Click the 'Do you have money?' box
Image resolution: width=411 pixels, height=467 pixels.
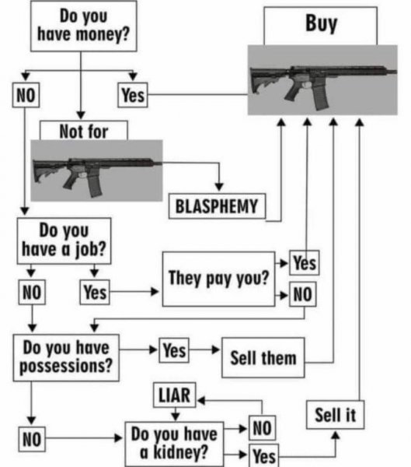84,26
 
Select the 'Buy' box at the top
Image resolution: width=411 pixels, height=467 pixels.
321,26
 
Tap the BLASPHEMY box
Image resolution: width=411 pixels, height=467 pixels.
217,206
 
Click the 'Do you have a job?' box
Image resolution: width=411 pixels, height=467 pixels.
64,241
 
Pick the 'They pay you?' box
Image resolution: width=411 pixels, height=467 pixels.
218,279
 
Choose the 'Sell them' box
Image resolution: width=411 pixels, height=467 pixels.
263,357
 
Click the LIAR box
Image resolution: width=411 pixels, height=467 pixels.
175,395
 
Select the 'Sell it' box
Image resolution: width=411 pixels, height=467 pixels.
335,415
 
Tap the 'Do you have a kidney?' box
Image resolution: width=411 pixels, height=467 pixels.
174,444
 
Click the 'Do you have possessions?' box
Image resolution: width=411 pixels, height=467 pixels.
66,357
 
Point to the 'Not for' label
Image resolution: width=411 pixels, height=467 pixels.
84,131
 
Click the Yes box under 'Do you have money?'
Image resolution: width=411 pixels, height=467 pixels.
133,95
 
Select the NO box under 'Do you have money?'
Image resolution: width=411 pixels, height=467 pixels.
26,95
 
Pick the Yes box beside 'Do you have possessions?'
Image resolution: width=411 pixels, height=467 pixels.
174,350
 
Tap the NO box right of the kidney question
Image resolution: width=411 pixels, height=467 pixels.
263,427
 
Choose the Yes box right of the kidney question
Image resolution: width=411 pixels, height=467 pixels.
264,455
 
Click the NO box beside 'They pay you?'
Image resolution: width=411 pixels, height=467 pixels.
303,294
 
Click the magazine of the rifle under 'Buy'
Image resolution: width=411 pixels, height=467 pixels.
321,97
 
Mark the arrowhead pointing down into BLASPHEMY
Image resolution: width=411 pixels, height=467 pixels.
219,187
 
